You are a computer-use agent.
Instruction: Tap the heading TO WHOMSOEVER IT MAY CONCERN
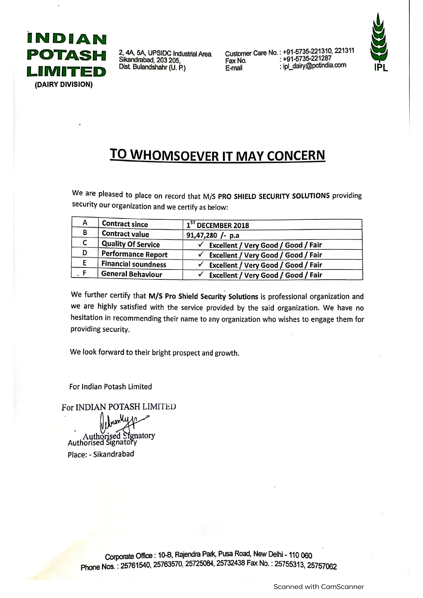[x=217, y=155]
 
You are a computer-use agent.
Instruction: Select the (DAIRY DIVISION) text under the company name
[x=63, y=85]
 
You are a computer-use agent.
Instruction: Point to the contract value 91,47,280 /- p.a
[x=213, y=235]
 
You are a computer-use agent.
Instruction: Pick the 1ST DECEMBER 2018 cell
[x=218, y=225]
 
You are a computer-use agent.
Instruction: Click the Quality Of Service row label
[x=131, y=244]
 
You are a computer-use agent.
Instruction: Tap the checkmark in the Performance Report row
[x=202, y=254]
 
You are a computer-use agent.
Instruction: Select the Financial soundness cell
[x=134, y=264]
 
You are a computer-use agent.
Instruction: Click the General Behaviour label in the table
[x=132, y=274]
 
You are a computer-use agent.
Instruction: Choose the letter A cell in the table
[x=85, y=223]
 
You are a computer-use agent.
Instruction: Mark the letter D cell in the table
[x=85, y=253]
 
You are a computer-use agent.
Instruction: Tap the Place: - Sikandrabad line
[x=101, y=454]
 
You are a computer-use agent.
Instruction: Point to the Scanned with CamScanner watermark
[x=318, y=587]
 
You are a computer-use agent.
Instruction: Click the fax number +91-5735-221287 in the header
[x=307, y=59]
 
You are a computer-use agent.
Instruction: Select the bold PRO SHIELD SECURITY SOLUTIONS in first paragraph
[x=274, y=196]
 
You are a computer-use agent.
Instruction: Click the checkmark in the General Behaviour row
[x=202, y=274]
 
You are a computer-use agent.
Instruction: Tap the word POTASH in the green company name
[x=67, y=55]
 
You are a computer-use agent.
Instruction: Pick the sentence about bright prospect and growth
[x=155, y=352]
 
